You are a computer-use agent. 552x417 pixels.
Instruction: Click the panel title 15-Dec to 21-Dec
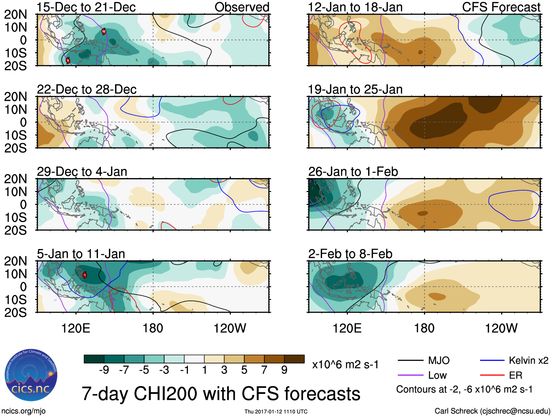pyautogui.click(x=86, y=7)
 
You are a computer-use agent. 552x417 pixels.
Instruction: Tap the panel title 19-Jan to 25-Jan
pyautogui.click(x=355, y=89)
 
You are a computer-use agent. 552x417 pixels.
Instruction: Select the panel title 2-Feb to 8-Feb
pyautogui.click(x=350, y=254)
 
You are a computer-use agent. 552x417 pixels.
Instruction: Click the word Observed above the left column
pyautogui.click(x=242, y=7)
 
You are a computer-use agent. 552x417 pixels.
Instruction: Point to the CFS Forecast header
pyautogui.click(x=501, y=7)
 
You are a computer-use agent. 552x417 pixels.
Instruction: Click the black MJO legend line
pyautogui.click(x=411, y=361)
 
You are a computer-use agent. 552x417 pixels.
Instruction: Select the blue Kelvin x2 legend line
pyautogui.click(x=492, y=361)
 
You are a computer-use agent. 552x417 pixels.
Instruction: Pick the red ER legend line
pyautogui.click(x=492, y=375)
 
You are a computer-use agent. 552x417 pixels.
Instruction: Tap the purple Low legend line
pyautogui.click(x=411, y=375)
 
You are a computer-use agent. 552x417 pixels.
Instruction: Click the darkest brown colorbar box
pyautogui.click(x=294, y=359)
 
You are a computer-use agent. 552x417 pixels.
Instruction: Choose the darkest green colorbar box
pyautogui.click(x=94, y=359)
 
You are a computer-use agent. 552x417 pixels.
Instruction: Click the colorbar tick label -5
pyautogui.click(x=144, y=370)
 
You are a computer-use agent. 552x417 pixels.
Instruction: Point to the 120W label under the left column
pyautogui.click(x=230, y=328)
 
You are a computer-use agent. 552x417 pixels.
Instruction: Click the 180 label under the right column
pyautogui.click(x=424, y=328)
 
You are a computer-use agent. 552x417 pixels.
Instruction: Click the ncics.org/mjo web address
pyautogui.click(x=23, y=411)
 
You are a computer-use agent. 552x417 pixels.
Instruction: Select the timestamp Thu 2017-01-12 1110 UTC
pyautogui.click(x=276, y=412)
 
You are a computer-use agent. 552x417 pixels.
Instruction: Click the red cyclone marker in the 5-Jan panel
pyautogui.click(x=85, y=275)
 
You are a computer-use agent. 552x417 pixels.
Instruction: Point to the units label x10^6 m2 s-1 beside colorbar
pyautogui.click(x=345, y=365)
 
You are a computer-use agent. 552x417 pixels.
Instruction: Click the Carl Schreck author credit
pyautogui.click(x=492, y=411)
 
